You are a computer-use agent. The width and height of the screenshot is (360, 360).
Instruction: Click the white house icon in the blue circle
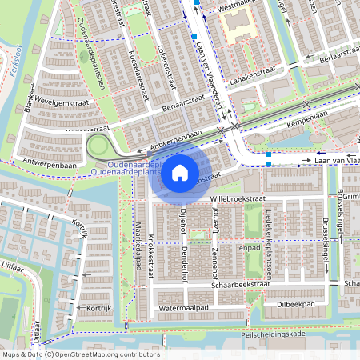[180, 172]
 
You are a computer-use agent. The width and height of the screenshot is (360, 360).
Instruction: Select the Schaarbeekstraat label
[241, 283]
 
